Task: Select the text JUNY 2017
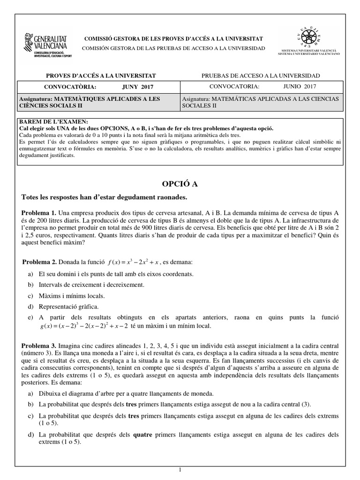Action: click(x=137, y=87)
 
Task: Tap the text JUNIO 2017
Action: click(x=300, y=86)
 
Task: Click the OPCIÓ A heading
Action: click(x=180, y=184)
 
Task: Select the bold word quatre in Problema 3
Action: click(x=144, y=435)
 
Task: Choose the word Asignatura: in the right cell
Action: click(x=196, y=99)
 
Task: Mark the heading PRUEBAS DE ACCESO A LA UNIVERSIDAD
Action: click(x=261, y=75)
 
